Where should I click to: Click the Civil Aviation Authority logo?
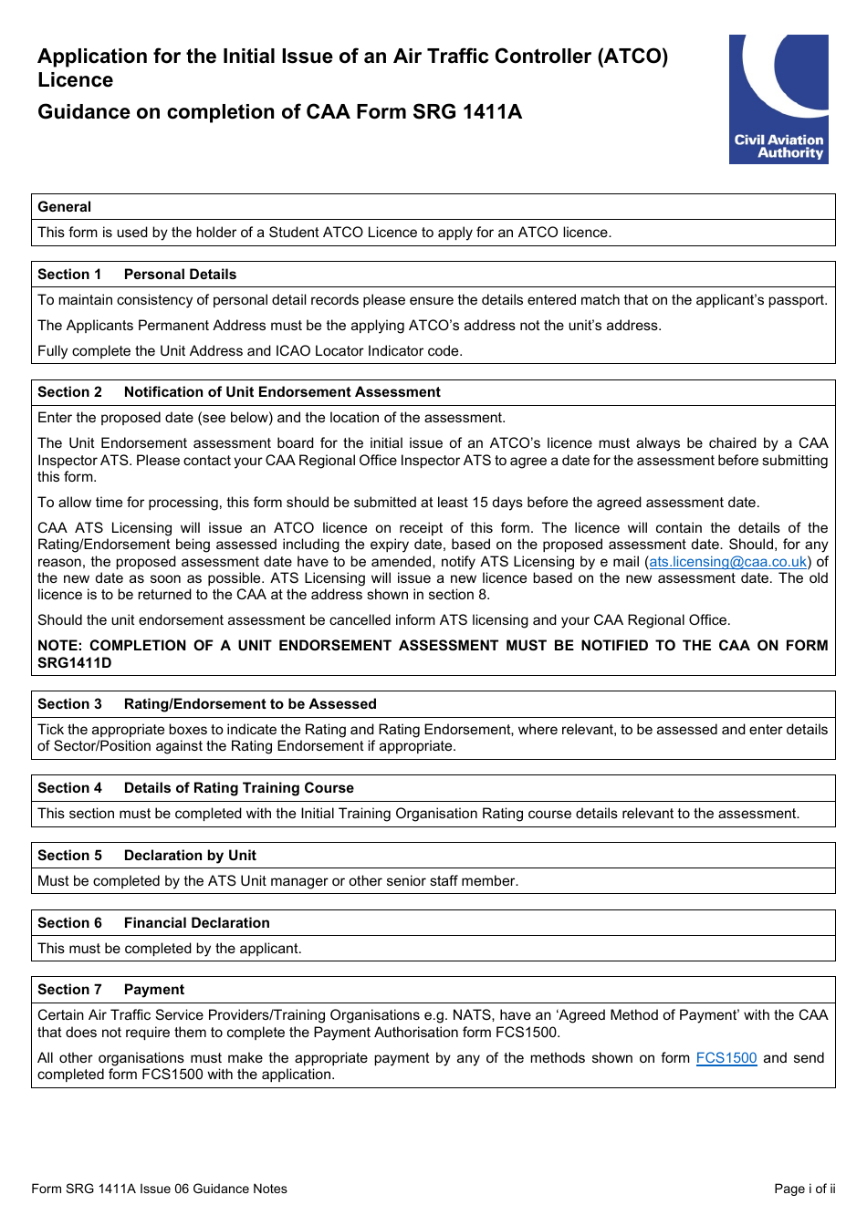tap(778, 99)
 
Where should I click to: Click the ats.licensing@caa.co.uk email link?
tap(727, 562)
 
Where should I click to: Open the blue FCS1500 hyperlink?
tap(726, 1058)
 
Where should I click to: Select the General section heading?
tap(65, 207)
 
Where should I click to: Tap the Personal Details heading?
tap(180, 275)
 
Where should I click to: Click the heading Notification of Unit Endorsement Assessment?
tap(282, 392)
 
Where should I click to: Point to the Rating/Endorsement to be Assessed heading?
tap(250, 704)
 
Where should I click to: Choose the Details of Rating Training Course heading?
tap(238, 788)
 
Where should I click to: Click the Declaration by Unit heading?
tap(190, 856)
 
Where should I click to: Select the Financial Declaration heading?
tap(196, 923)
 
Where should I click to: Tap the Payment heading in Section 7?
tap(153, 990)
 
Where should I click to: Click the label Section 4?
tap(70, 788)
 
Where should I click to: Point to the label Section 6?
tap(70, 923)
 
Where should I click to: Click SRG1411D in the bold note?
tap(75, 663)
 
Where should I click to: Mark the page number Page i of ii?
tap(804, 1189)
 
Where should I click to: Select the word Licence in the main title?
tap(76, 80)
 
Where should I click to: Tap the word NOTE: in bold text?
tap(60, 646)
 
